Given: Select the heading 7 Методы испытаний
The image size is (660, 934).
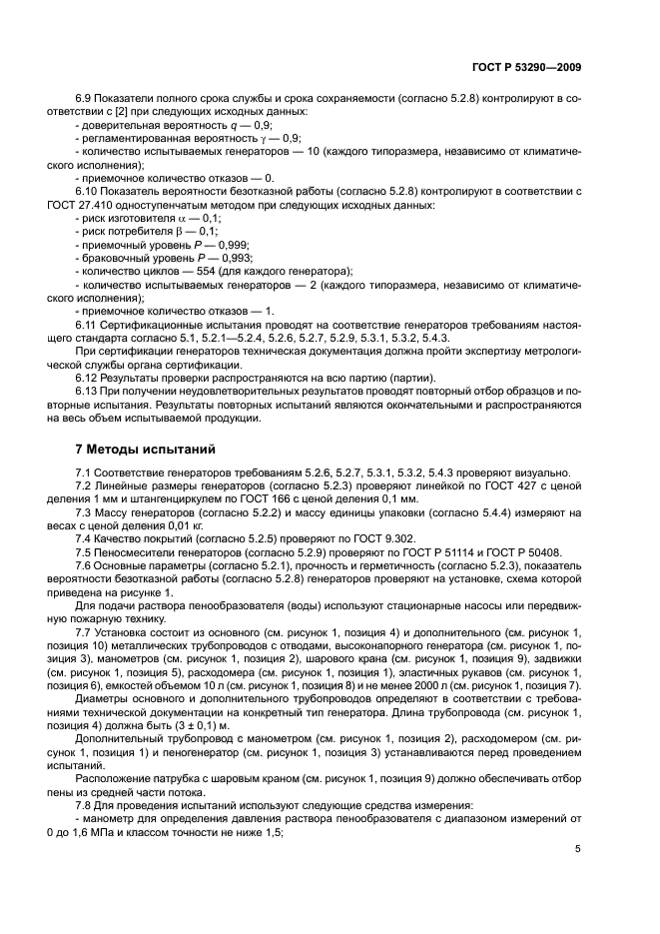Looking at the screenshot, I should tap(146, 450).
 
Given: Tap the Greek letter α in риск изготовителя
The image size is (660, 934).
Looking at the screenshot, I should tap(180, 218).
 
